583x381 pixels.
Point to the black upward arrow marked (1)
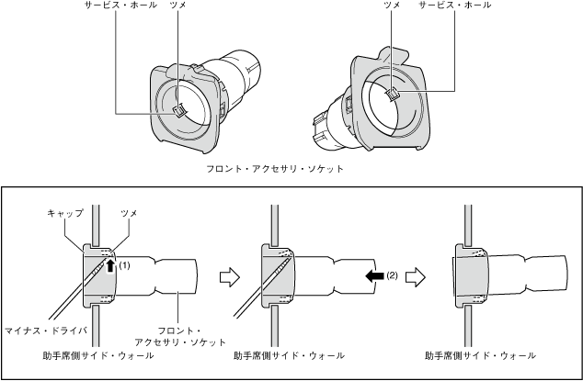point(112,266)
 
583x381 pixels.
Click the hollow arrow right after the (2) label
point(415,275)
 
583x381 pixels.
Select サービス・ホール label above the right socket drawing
point(454,6)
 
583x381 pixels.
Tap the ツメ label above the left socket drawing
point(177,6)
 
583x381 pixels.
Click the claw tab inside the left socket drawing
point(180,111)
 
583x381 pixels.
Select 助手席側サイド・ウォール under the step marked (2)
point(289,354)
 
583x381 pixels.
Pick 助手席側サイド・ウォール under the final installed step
point(481,354)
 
